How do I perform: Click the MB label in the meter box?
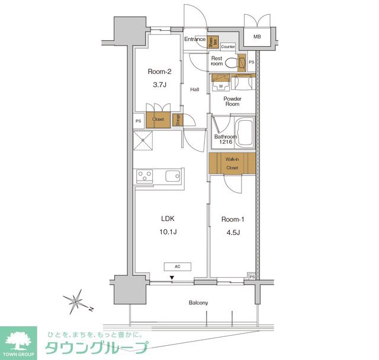[257, 37]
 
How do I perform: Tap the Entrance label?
[194, 40]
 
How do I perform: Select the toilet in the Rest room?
[240, 62]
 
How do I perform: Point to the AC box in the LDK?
[178, 266]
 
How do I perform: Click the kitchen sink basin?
[173, 176]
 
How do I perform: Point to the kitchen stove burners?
[144, 176]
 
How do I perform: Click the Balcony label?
[198, 303]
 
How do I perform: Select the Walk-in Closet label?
[232, 163]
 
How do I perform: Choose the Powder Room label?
[232, 101]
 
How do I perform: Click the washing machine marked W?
[220, 82]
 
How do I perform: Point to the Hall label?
[194, 89]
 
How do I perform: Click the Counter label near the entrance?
[228, 46]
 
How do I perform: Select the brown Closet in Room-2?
[158, 119]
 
